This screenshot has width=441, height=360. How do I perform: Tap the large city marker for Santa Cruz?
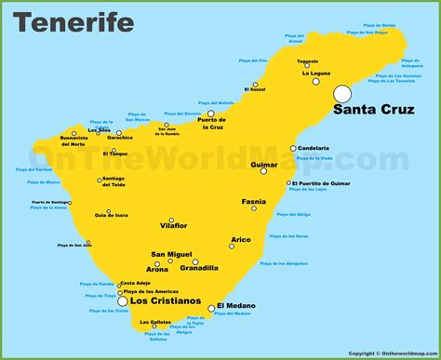(342, 93)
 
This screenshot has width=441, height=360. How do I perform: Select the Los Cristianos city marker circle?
(122, 300)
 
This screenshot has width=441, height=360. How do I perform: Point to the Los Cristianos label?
(165, 301)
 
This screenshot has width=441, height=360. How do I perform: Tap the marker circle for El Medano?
(211, 308)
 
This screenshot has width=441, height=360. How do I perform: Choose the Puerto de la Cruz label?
(212, 123)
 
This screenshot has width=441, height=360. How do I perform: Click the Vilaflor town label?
(172, 226)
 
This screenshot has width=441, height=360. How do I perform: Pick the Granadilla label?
(197, 268)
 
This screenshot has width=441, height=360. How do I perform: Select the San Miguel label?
(171, 254)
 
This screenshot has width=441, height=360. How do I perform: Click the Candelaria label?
(316, 148)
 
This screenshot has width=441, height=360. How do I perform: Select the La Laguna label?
(315, 73)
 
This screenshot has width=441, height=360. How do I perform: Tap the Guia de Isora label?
(111, 215)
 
